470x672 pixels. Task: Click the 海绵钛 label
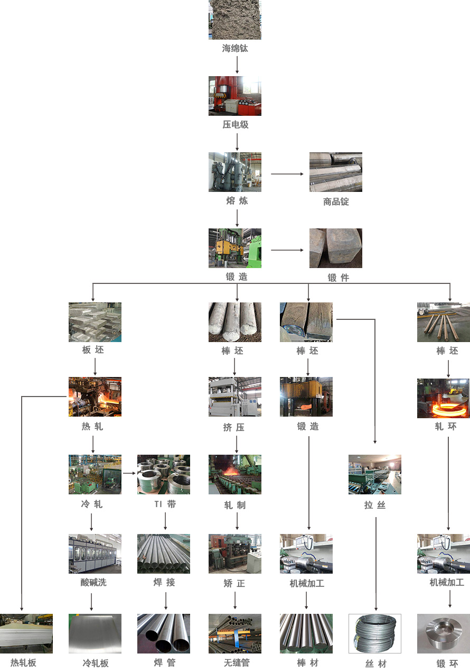click(235, 49)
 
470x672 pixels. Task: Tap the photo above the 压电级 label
click(235, 96)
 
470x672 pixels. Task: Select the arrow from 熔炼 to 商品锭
click(288, 174)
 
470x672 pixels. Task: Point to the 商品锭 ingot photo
click(336, 172)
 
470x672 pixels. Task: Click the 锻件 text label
click(338, 278)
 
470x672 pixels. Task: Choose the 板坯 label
click(95, 350)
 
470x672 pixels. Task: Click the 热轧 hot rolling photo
click(95, 397)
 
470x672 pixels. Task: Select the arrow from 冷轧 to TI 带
click(129, 473)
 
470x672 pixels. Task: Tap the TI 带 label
click(165, 504)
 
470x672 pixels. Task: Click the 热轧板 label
click(23, 662)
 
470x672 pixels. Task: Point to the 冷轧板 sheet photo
click(95, 633)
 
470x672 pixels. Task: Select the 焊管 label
click(164, 662)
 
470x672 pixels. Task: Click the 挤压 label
click(234, 427)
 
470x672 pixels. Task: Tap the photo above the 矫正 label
click(235, 554)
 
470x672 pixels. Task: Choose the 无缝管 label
click(236, 662)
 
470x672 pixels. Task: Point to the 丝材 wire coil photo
click(375, 633)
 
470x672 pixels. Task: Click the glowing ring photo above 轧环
click(443, 398)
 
